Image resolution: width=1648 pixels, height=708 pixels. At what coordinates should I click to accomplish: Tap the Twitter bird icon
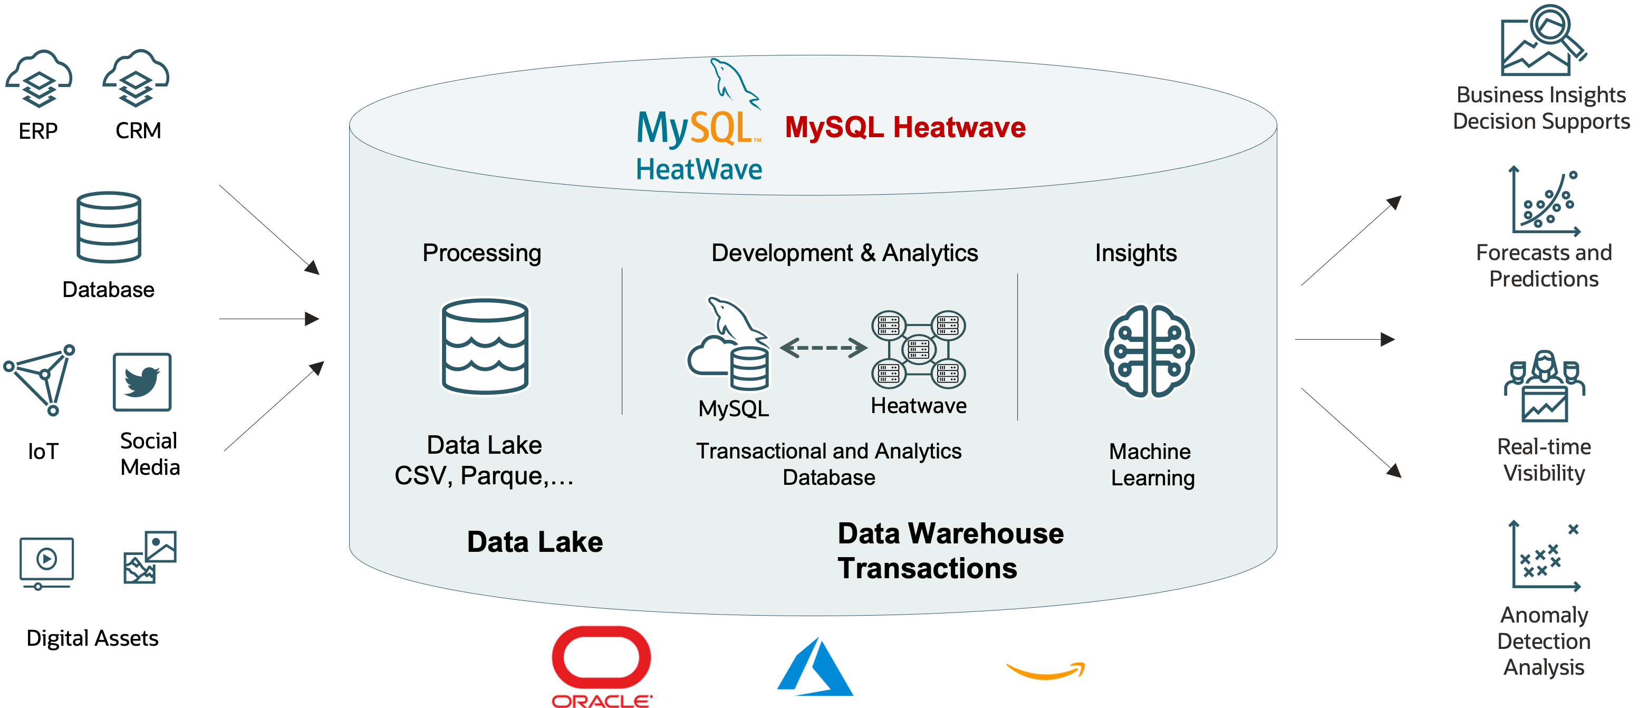click(142, 381)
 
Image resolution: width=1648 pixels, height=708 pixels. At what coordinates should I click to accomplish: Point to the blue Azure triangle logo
click(816, 668)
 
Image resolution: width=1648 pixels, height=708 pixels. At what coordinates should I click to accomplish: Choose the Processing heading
click(481, 253)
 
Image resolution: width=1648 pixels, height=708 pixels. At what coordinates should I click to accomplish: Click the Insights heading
click(1135, 253)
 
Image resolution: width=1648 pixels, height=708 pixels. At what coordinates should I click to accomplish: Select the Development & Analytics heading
click(844, 253)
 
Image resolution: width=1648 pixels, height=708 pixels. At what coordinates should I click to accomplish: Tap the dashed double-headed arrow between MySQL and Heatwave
click(823, 348)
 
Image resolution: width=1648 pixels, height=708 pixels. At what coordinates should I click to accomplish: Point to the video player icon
click(47, 562)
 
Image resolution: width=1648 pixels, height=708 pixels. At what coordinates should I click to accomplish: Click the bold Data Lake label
click(535, 542)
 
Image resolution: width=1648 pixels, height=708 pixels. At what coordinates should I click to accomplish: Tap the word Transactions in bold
click(927, 568)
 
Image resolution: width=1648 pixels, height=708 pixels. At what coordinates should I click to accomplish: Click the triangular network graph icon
click(40, 378)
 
